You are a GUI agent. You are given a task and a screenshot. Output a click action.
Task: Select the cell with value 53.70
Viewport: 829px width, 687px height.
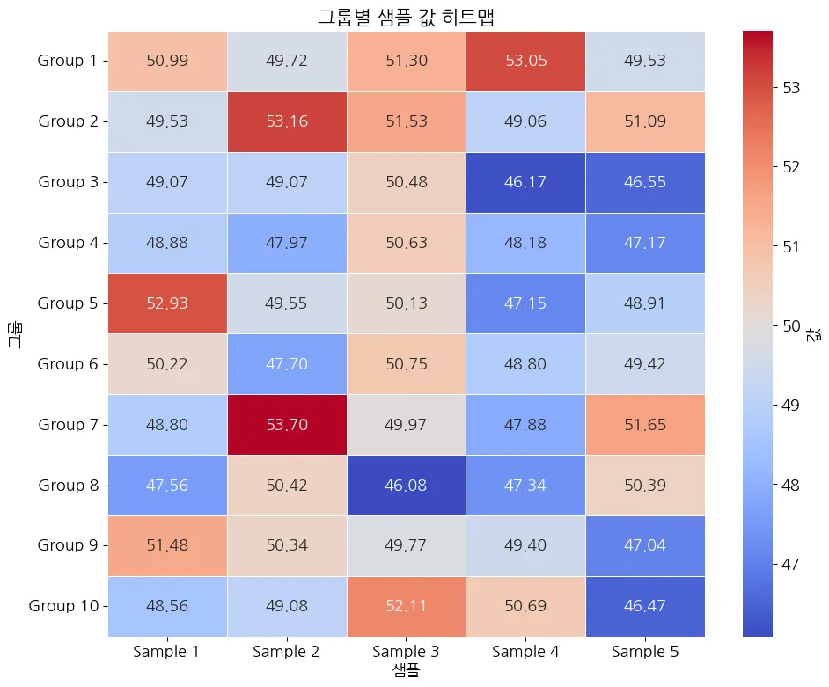pos(287,425)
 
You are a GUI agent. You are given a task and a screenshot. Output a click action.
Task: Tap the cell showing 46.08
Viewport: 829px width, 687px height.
pos(407,485)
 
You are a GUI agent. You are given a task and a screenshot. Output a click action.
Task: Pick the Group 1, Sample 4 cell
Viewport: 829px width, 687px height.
pos(526,61)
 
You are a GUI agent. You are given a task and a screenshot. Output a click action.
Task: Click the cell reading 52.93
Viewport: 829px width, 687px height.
pos(167,303)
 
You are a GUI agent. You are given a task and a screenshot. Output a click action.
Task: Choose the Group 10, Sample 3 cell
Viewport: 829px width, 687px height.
pos(407,606)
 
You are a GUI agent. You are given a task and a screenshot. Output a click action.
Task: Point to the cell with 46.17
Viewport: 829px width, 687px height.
pos(526,182)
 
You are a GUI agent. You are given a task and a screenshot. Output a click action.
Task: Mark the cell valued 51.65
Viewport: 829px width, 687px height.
pos(645,425)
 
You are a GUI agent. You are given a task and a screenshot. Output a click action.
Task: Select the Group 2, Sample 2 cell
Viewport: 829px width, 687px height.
pos(287,121)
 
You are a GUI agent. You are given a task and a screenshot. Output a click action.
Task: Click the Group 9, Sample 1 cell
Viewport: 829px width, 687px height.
pos(167,545)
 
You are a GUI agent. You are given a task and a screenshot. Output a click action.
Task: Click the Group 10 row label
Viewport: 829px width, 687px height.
pos(68,606)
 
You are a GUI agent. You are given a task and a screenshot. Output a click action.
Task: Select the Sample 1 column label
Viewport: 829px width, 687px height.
pos(167,652)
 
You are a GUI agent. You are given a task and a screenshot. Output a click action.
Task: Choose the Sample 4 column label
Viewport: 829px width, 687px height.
pos(526,652)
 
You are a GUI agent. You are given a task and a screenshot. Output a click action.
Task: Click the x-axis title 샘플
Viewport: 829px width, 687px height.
pos(407,671)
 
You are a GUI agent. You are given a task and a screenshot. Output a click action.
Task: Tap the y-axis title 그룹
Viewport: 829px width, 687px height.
pos(16,333)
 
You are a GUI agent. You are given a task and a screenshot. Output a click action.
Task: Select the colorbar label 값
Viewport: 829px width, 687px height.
pos(816,333)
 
